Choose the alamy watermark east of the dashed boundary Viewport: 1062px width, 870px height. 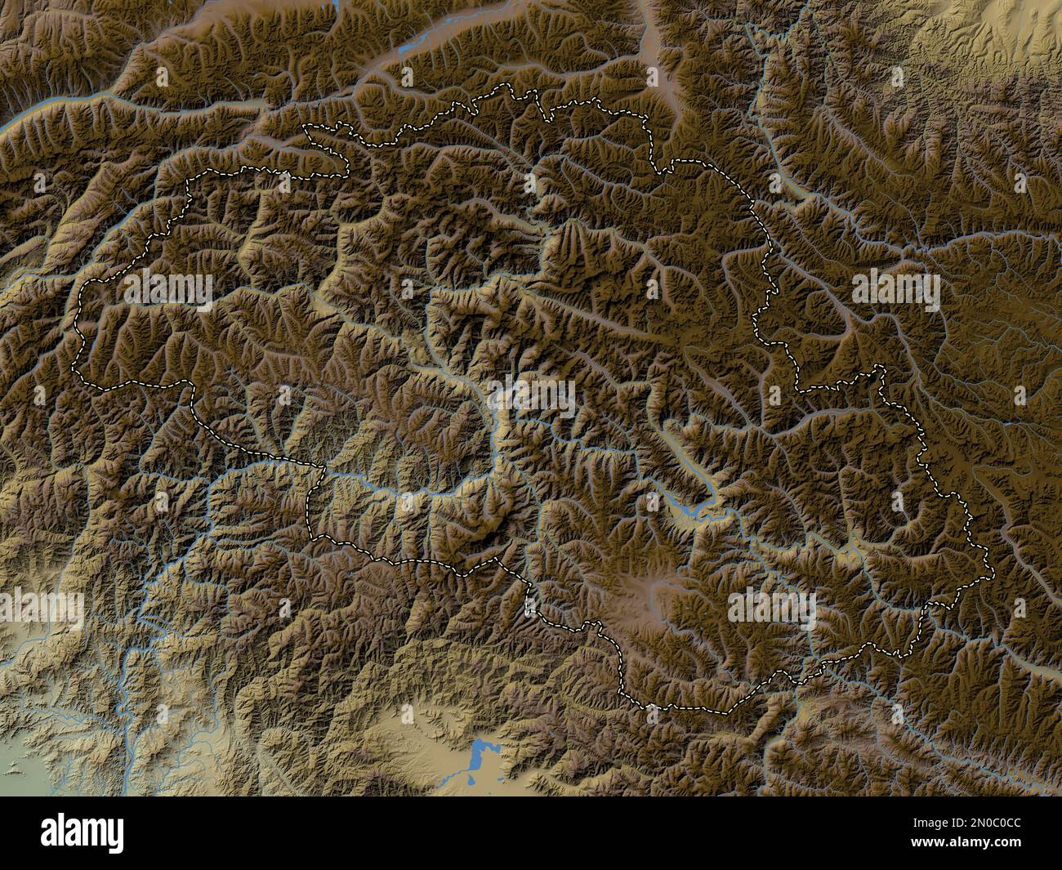click(896, 291)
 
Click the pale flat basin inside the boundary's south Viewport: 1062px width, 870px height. click(649, 587)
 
